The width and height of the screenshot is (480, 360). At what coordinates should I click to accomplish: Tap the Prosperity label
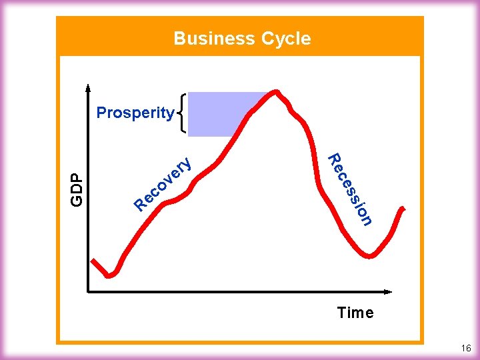click(135, 113)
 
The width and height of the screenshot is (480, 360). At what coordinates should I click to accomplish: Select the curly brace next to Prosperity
click(181, 113)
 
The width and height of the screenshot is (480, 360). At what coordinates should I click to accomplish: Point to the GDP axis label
click(77, 189)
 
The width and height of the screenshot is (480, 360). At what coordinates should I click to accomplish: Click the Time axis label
click(355, 313)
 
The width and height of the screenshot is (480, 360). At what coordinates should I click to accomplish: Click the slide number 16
click(465, 349)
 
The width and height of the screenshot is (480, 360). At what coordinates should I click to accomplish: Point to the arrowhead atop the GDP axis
click(88, 87)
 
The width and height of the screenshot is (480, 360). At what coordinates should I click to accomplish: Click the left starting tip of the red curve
click(94, 259)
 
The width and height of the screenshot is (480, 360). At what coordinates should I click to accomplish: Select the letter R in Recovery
click(140, 203)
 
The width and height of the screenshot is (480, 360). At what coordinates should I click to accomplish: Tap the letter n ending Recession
click(366, 218)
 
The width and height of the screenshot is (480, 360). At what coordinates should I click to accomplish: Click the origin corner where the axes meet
click(89, 291)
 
